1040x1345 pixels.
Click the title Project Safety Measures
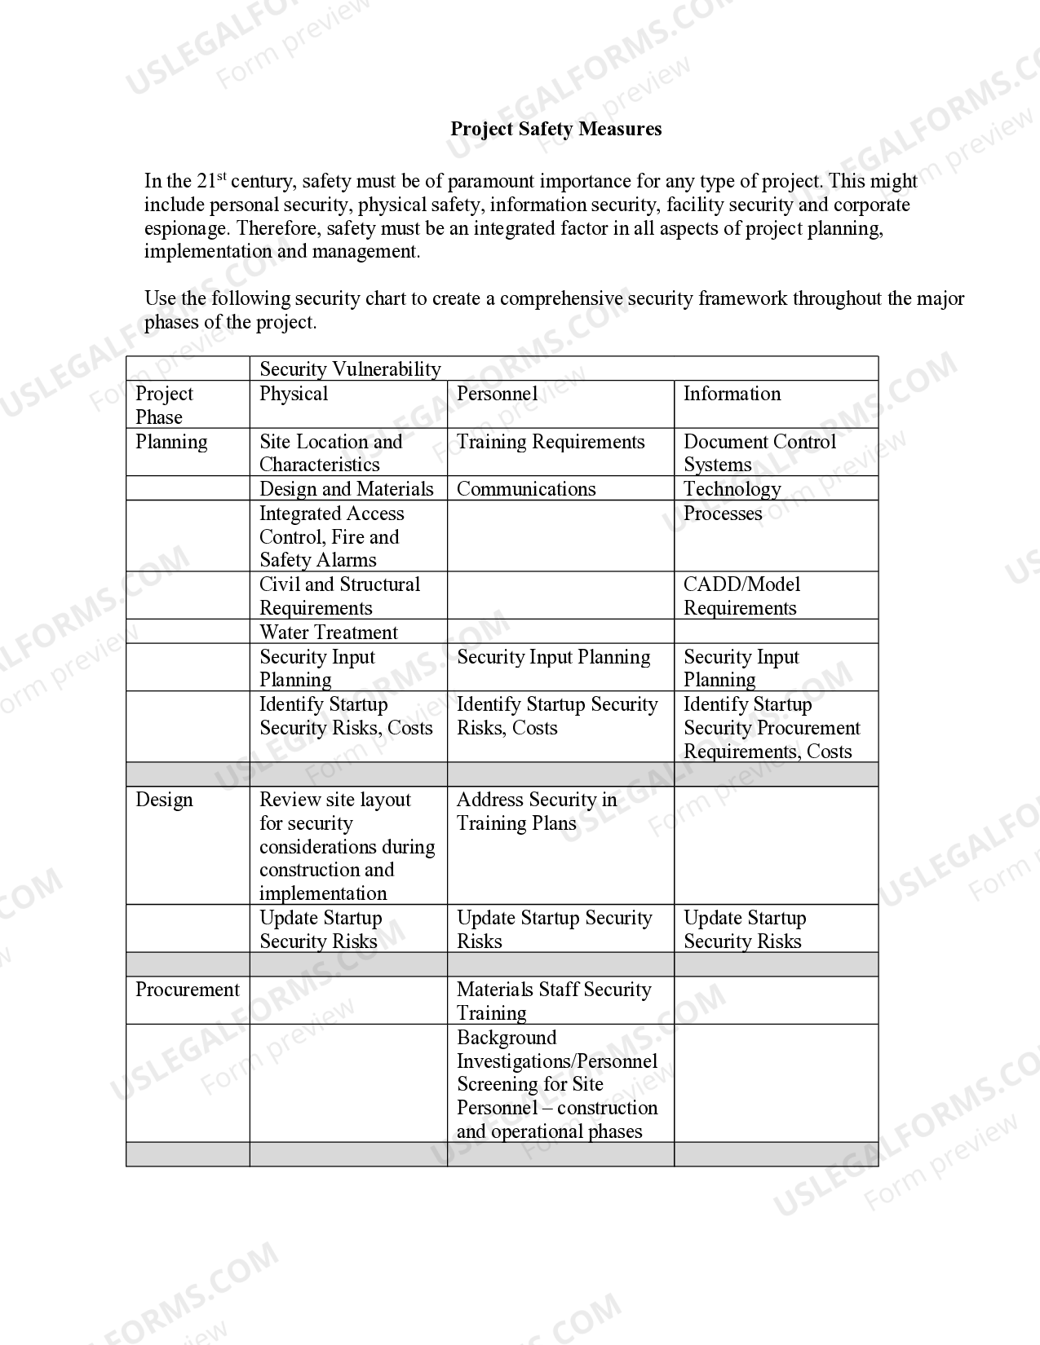point(555,129)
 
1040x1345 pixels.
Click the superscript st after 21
point(221,176)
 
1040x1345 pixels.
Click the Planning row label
point(171,442)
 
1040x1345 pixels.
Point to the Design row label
point(164,800)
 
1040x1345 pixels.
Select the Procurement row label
point(187,990)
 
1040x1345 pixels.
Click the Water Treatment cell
point(329,633)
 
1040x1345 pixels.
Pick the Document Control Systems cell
point(759,453)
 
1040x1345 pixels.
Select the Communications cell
point(526,489)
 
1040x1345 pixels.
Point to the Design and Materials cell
point(346,489)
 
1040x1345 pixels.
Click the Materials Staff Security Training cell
point(554,1001)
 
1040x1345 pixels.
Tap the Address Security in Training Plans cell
point(536,811)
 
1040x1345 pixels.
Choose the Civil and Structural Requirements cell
point(339,596)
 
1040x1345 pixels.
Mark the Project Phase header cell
point(164,405)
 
